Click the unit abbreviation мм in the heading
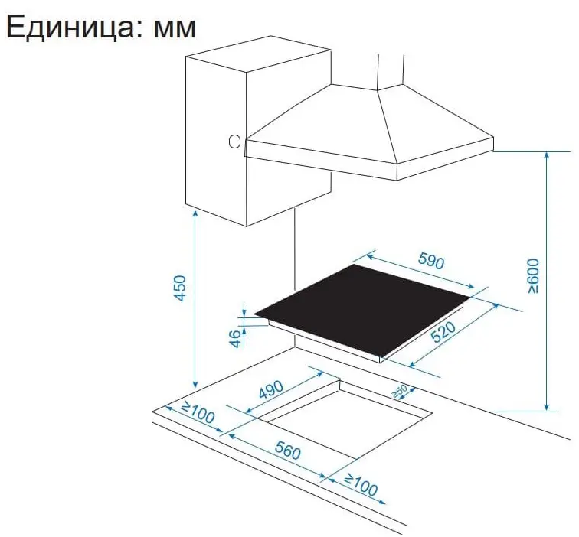pos(175,29)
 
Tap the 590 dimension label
pos(431,261)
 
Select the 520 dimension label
pos(443,332)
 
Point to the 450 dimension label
pos(179,288)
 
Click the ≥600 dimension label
pos(534,276)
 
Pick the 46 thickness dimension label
pos(235,339)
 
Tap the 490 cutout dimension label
pos(271,390)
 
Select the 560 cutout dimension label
pos(288,451)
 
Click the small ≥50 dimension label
pos(400,392)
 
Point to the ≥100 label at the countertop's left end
pos(198,412)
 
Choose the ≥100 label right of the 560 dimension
pos(361,485)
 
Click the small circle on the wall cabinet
pos(234,142)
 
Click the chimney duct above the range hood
pos(391,71)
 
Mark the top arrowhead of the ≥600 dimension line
pos(547,155)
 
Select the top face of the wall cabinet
pos(259,54)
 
